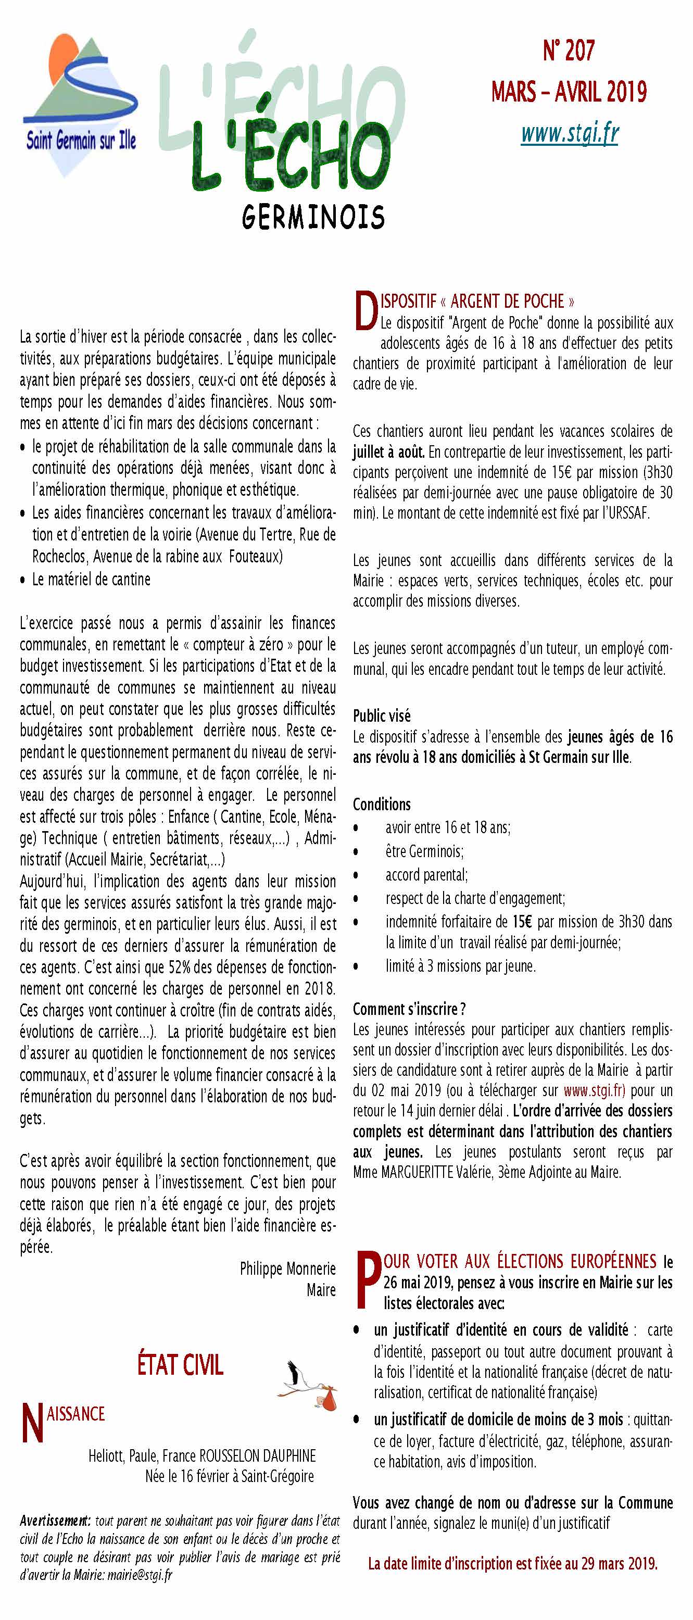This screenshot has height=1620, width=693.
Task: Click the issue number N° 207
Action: [569, 51]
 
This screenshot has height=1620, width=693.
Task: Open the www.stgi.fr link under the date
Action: [570, 133]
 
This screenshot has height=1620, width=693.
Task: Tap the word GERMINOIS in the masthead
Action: [312, 217]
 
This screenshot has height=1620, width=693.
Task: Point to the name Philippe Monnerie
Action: [287, 1269]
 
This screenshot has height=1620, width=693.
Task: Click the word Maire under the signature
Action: [321, 1290]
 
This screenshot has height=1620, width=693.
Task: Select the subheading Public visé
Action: [382, 715]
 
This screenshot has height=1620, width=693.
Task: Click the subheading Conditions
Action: [382, 805]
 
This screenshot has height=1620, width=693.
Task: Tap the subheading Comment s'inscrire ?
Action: [409, 1009]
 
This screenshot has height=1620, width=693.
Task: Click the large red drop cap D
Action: [366, 311]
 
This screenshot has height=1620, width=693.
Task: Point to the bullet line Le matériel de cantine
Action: [91, 579]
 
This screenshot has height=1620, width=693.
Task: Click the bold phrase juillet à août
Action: [388, 451]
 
